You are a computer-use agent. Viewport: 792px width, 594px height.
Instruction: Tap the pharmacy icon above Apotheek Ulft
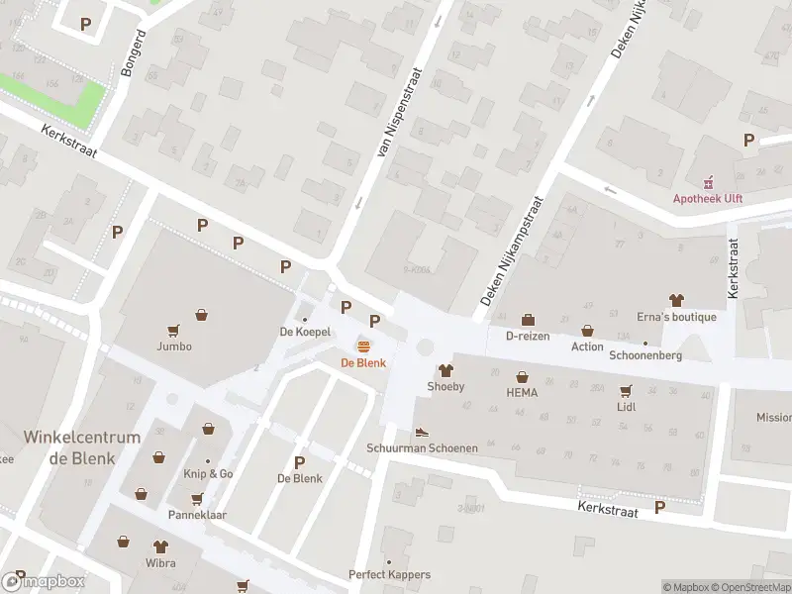(708, 183)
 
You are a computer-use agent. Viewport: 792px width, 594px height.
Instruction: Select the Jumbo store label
(173, 346)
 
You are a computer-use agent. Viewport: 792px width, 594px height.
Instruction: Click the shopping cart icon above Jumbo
(174, 331)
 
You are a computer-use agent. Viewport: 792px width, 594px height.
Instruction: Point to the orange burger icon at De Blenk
(364, 346)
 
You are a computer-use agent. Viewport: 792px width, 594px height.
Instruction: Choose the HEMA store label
(522, 393)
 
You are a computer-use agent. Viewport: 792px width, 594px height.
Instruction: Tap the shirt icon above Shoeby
(445, 369)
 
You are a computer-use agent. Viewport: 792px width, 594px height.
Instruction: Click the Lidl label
(626, 407)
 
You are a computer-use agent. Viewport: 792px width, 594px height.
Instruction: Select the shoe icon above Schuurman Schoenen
(422, 432)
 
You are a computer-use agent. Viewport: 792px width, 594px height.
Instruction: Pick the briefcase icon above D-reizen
(528, 320)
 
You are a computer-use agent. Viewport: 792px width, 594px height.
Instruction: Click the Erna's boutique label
(676, 317)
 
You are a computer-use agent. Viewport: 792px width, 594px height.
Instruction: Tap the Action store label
(587, 346)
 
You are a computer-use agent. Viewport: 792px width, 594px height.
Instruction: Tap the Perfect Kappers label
(389, 574)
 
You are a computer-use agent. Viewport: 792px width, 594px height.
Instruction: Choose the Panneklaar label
(198, 515)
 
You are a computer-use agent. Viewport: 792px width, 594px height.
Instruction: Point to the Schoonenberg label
(645, 355)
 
